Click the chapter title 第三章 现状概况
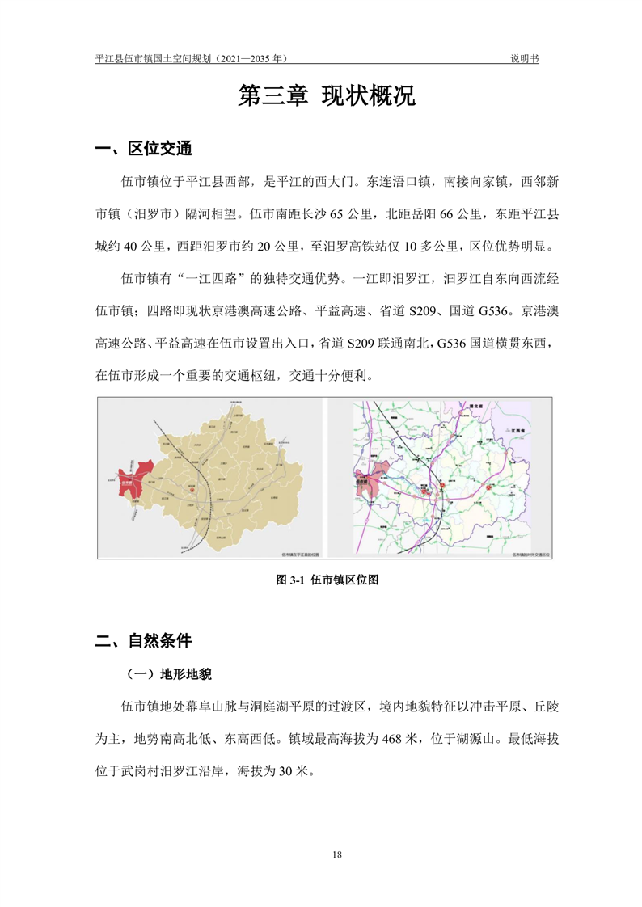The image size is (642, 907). click(x=327, y=96)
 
